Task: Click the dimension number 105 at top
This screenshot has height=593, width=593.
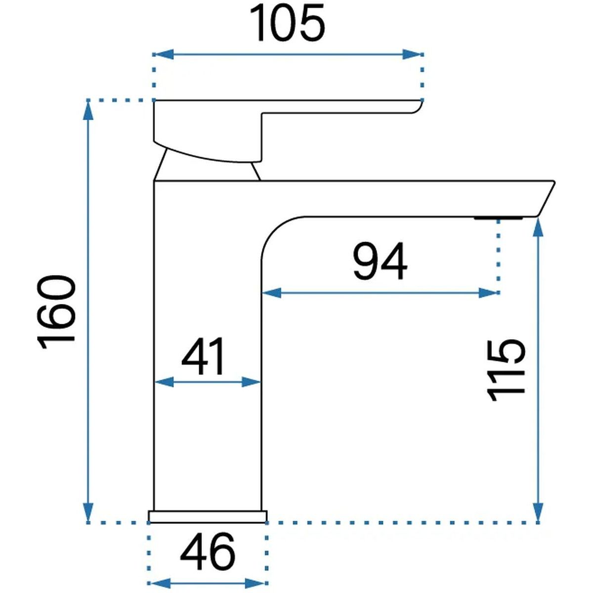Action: click(288, 23)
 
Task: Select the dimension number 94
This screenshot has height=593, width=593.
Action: click(380, 261)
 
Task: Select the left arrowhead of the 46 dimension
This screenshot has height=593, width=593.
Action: click(158, 583)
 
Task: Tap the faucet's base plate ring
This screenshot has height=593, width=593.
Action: click(208, 516)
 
